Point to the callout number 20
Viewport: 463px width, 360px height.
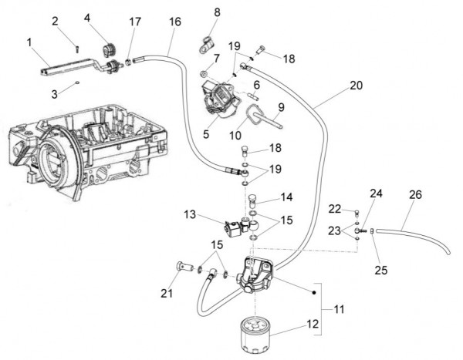pyautogui.click(x=355, y=86)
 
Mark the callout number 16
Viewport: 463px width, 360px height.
pyautogui.click(x=174, y=22)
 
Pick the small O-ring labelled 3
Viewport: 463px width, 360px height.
pyautogui.click(x=79, y=83)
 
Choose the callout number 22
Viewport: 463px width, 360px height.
pyautogui.click(x=334, y=208)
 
